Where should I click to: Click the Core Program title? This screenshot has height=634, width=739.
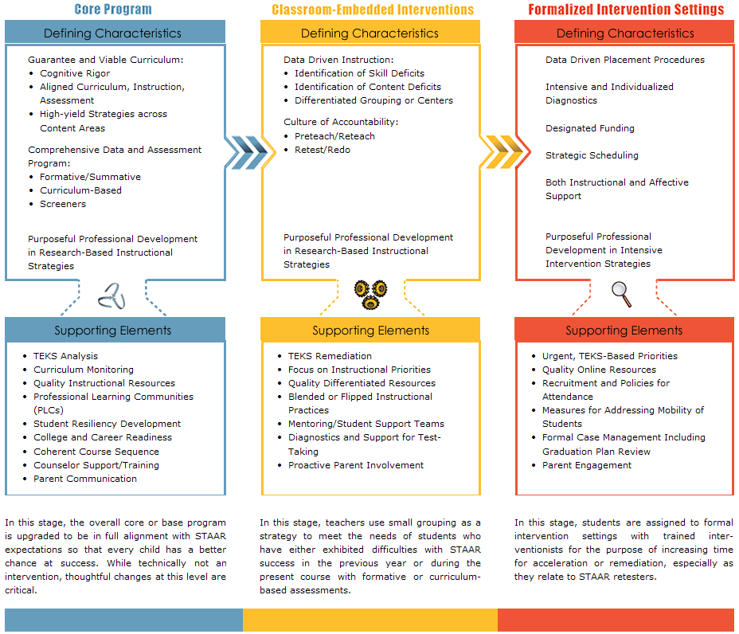[x=112, y=10]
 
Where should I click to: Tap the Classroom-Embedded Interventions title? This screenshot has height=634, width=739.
[x=372, y=10]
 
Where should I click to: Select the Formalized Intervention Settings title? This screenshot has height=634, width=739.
[x=626, y=10]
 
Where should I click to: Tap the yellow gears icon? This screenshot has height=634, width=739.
[x=370, y=293]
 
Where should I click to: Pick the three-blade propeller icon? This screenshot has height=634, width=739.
[x=111, y=296]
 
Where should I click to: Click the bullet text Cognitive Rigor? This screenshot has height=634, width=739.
[x=75, y=73]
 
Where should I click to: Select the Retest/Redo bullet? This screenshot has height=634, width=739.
[x=322, y=150]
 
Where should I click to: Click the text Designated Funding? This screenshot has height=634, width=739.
[x=589, y=128]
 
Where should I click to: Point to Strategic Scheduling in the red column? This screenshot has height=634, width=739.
[x=592, y=155]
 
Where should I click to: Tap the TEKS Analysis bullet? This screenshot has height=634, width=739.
[x=65, y=356]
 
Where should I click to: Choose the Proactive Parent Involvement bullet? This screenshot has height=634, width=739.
[x=356, y=465]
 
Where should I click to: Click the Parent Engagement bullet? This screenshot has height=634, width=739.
[x=587, y=465]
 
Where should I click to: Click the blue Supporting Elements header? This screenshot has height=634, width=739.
[x=112, y=331]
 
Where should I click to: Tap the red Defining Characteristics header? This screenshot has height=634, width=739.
[x=625, y=33]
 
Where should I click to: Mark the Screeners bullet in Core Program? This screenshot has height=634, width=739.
[x=63, y=204]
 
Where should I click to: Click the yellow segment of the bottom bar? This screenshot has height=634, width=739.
[x=369, y=619]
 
